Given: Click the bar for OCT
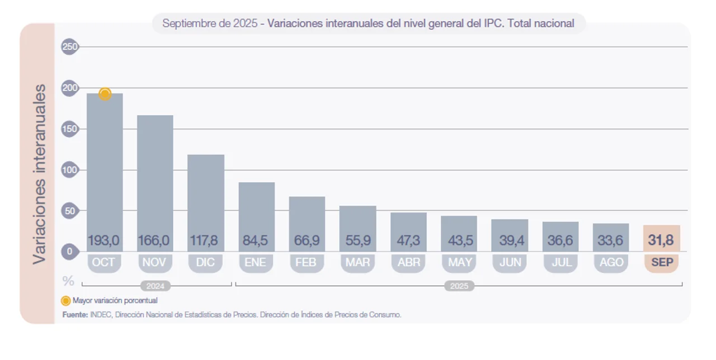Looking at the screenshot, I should (x=105, y=168).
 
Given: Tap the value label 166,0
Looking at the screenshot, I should (x=154, y=241).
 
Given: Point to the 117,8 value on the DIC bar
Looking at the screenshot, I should (x=205, y=241).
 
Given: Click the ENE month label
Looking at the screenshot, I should (x=256, y=262).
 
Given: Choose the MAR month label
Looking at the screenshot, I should (x=357, y=262).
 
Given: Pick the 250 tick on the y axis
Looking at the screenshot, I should (x=69, y=47).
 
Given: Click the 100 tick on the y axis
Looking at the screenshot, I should (x=69, y=170).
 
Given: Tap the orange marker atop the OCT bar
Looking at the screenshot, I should (x=105, y=94).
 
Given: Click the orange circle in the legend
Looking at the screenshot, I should (x=66, y=300).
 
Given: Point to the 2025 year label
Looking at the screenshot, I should (x=459, y=286).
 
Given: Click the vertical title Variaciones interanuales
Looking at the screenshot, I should (x=39, y=174).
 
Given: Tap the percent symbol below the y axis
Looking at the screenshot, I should (x=69, y=281).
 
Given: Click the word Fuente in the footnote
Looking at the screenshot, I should (x=75, y=315).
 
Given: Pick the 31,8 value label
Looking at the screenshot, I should (x=661, y=241).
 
